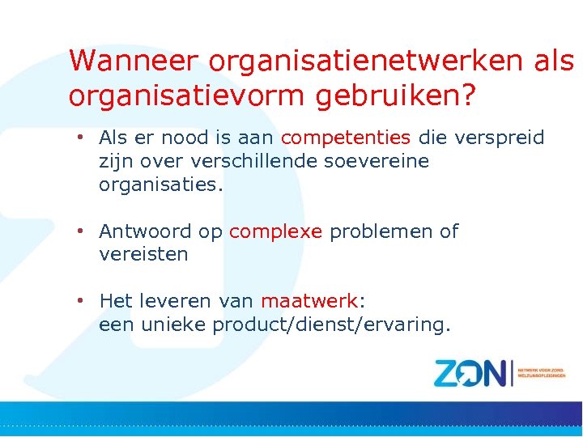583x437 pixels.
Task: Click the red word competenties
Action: coord(346,138)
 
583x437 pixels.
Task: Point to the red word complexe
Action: coord(276,232)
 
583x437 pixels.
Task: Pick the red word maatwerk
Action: coord(309,302)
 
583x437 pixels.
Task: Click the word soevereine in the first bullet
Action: coord(377,161)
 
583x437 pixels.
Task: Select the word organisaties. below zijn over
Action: coord(160,185)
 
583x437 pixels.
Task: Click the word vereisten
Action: coord(143,255)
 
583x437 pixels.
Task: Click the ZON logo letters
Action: coord(470,373)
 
